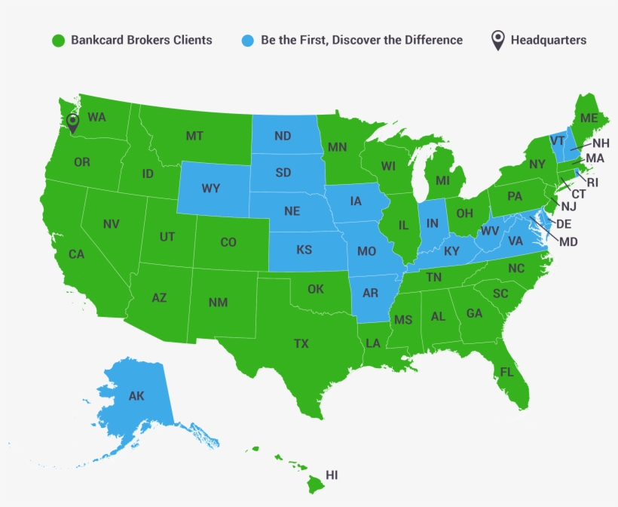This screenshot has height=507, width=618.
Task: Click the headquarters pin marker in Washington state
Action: [x=73, y=123]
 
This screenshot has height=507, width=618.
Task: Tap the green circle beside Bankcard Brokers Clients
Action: [x=57, y=40]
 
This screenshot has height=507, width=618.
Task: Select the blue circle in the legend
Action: [x=248, y=40]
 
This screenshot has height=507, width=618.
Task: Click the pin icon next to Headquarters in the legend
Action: [x=497, y=40]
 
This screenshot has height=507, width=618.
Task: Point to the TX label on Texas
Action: [x=301, y=344]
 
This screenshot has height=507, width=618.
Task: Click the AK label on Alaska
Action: [x=136, y=396]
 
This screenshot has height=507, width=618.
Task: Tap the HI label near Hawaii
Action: [x=332, y=475]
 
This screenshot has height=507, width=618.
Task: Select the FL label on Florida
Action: [x=506, y=372]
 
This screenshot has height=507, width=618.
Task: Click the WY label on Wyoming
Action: [x=211, y=189]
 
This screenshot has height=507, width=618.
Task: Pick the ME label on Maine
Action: [x=589, y=118]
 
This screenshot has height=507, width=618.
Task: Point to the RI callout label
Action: [x=592, y=182]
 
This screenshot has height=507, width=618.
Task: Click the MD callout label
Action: [x=569, y=241]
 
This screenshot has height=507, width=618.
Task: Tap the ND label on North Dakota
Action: [x=283, y=137]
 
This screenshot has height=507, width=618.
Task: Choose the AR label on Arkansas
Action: [x=370, y=293]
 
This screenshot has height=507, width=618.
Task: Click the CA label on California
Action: [x=76, y=254]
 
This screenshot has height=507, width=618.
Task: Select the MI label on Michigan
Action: [x=442, y=182]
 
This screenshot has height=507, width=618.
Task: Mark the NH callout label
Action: [x=601, y=143]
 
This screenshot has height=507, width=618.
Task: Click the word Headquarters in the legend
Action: [x=548, y=40]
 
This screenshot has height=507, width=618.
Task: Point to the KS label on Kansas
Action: [x=304, y=250]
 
